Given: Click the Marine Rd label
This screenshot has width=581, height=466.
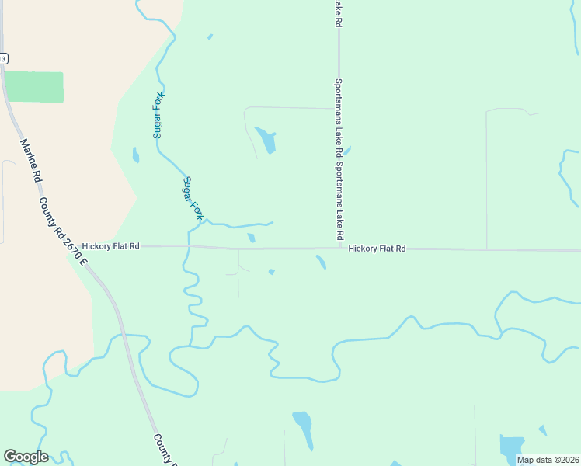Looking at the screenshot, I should click(x=32, y=161).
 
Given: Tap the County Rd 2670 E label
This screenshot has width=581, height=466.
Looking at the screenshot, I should click(x=64, y=231).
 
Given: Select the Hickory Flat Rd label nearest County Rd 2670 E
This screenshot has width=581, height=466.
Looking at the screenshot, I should click(x=110, y=245).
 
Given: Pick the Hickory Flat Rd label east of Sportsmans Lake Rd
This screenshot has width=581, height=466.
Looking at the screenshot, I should click(x=377, y=249).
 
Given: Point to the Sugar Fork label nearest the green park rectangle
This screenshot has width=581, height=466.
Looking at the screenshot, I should click(x=158, y=115).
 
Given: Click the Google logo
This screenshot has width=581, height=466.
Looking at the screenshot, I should click(x=26, y=457).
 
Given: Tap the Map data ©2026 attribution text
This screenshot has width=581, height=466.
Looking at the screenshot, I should click(x=548, y=460).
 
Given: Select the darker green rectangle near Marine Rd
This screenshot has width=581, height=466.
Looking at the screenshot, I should click(x=33, y=87).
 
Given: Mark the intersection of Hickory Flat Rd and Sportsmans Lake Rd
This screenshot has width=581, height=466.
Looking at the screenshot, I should click(x=339, y=249).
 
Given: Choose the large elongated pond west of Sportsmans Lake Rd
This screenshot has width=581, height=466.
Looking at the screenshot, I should click(x=266, y=140).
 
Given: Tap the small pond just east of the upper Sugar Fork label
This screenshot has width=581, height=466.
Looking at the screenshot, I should click(x=136, y=155).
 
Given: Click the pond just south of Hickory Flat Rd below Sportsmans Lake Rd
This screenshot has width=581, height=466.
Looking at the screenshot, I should click(x=321, y=262).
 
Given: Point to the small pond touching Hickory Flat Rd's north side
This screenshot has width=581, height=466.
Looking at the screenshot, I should click(x=251, y=238).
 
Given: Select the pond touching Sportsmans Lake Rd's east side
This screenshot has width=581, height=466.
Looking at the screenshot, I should click(x=346, y=151).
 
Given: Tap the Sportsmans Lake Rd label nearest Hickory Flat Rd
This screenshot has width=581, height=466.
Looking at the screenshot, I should click(x=339, y=202).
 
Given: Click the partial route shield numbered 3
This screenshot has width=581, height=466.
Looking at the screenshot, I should click(x=3, y=58).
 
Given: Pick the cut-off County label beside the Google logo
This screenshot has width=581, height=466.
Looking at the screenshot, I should click(x=164, y=449).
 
